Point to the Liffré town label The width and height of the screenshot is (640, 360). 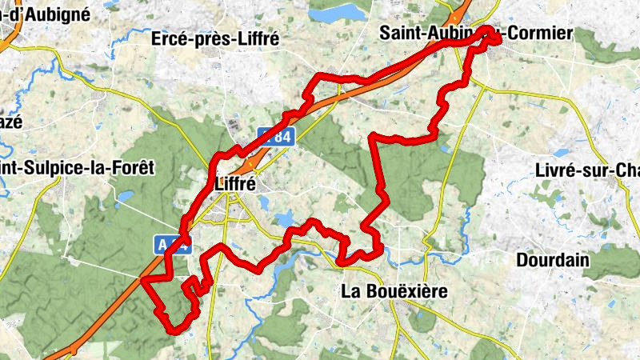pyautogui.click(x=235, y=183)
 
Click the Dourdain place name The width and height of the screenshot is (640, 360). pyautogui.click(x=553, y=260)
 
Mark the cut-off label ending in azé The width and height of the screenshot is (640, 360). pyautogui.click(x=10, y=122)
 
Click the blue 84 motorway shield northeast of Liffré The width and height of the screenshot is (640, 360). pyautogui.click(x=277, y=137)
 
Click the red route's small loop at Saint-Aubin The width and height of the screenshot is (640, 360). pyautogui.click(x=489, y=37)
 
